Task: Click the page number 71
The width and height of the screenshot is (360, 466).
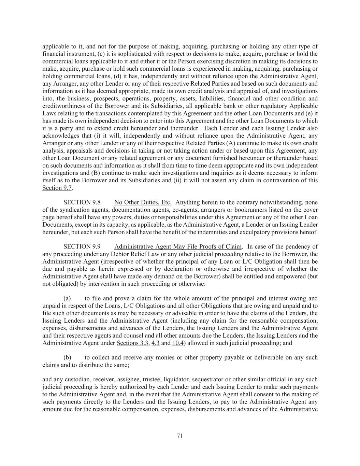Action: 180,436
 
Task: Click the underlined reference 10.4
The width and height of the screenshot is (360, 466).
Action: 178,343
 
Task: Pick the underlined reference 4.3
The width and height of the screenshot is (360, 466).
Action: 155,343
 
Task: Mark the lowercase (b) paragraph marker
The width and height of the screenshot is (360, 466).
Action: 67,357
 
